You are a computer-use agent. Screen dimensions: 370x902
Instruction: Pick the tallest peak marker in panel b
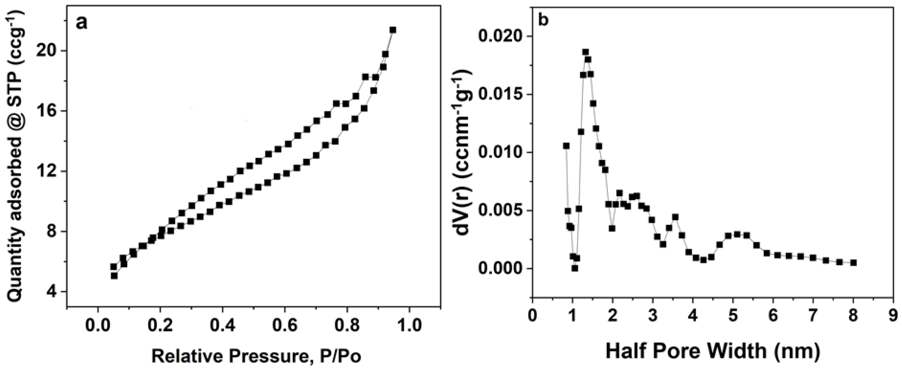tap(585, 52)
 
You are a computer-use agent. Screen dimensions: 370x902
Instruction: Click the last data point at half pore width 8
tap(853, 263)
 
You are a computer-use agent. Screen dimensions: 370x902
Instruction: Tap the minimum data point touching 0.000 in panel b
tap(575, 268)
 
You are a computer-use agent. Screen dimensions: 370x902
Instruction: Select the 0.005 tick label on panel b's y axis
tap(504, 210)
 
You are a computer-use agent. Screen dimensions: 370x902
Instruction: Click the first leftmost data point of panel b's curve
tap(566, 146)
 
